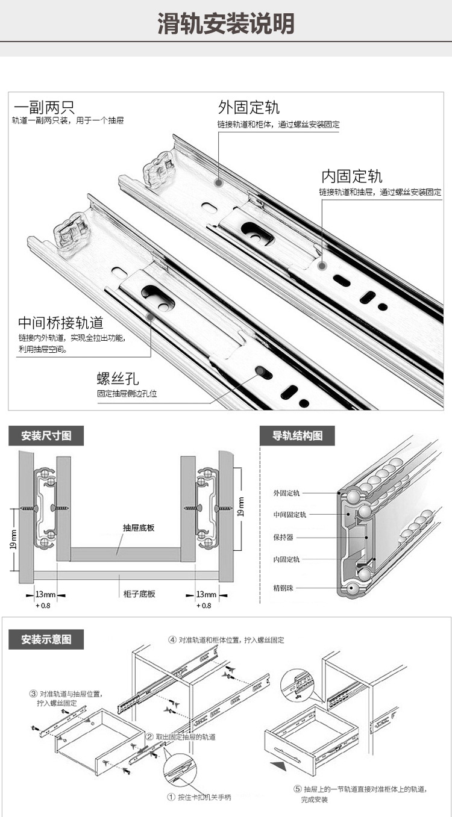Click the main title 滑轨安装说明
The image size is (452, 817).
pyautogui.click(x=226, y=24)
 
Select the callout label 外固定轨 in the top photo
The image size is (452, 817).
pyautogui.click(x=248, y=108)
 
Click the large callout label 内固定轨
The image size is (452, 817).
pyautogui.click(x=351, y=176)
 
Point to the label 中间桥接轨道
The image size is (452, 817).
pyautogui.click(x=60, y=322)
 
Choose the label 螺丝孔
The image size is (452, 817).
pyautogui.click(x=118, y=379)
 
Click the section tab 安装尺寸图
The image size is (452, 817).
pyautogui.click(x=46, y=435)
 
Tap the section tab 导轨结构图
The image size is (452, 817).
pyautogui.click(x=297, y=435)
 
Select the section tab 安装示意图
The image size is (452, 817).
pyautogui.click(x=46, y=639)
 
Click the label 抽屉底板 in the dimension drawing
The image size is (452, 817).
pyautogui.click(x=139, y=527)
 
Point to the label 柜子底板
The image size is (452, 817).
pyautogui.click(x=139, y=594)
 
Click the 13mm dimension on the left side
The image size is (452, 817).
pyautogui.click(x=45, y=595)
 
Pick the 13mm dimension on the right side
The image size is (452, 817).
pyautogui.click(x=206, y=595)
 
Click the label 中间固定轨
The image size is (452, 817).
pyautogui.click(x=289, y=515)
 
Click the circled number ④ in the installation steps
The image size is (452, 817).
pyautogui.click(x=172, y=640)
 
